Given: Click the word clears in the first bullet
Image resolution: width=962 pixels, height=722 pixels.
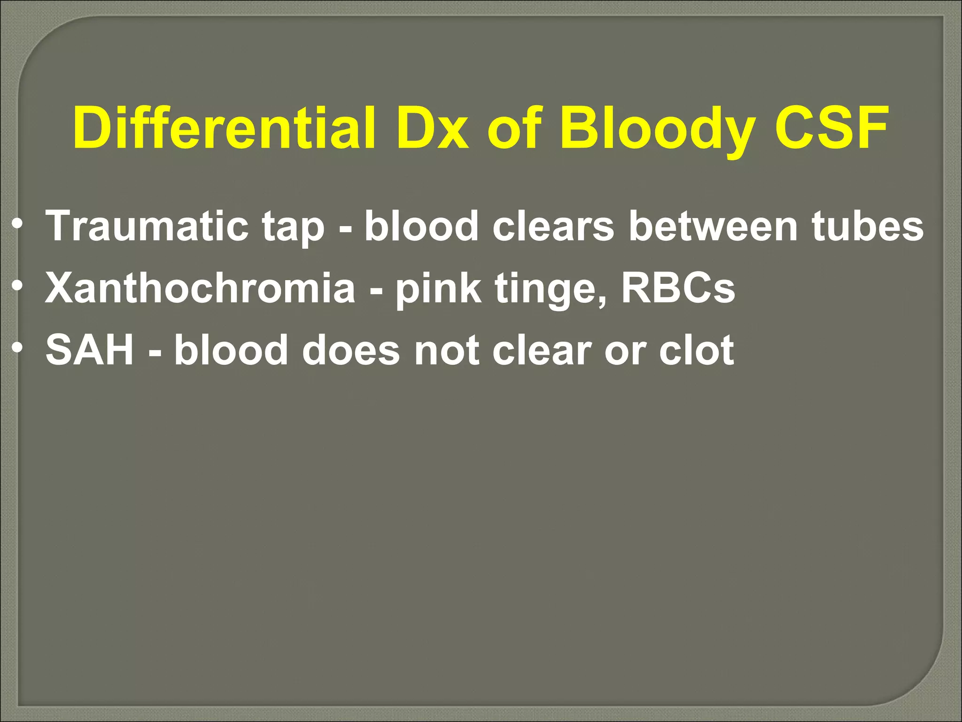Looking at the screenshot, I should [x=553, y=226].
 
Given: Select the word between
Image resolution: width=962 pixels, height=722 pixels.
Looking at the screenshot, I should [x=713, y=226].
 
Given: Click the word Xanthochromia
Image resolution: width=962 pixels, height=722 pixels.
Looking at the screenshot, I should [x=200, y=288].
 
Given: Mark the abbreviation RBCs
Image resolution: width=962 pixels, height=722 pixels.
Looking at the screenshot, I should [x=678, y=288].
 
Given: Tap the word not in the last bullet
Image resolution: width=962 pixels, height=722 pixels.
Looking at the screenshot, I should [x=447, y=351].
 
